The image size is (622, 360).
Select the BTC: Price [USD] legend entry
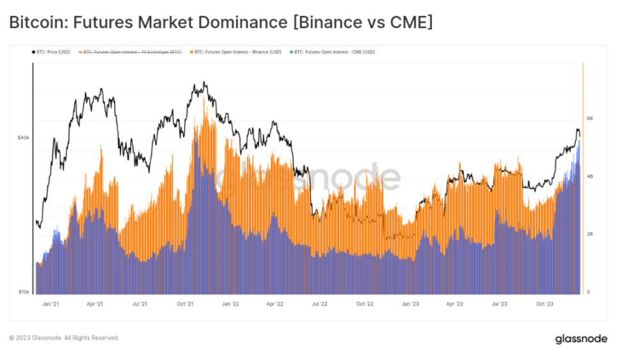(51, 52)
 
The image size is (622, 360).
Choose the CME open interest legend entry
(333, 52)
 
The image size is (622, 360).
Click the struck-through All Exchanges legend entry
(132, 52)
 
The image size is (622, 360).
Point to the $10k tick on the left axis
(23, 292)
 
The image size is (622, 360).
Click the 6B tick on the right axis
(590, 118)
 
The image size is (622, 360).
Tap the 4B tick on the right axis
(590, 176)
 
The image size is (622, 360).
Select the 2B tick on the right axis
(590, 234)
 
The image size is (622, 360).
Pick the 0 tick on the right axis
(589, 292)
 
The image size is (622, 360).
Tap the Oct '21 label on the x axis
(185, 304)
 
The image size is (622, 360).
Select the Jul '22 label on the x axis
(320, 304)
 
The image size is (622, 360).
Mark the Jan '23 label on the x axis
(410, 304)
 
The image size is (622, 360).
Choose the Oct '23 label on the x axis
(546, 304)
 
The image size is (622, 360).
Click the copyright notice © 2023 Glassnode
(64, 338)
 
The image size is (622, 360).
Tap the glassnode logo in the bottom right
(580, 338)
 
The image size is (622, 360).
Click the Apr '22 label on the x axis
(275, 304)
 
